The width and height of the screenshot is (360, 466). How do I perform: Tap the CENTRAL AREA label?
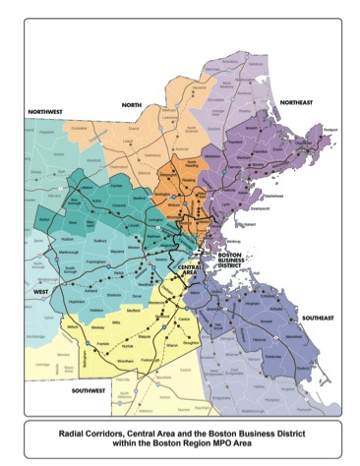[x=191, y=268]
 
